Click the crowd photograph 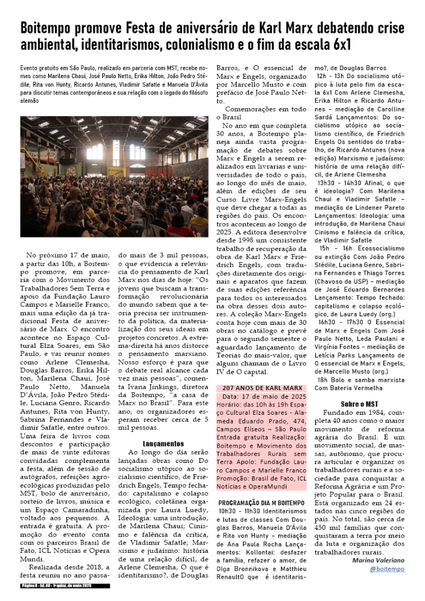(114, 176)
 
